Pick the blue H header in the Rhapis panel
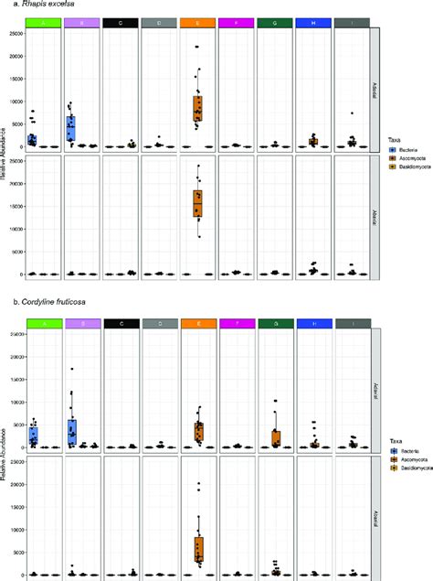click(313, 21)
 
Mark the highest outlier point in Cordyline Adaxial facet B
click(71, 369)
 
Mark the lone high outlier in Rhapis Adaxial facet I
click(352, 113)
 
